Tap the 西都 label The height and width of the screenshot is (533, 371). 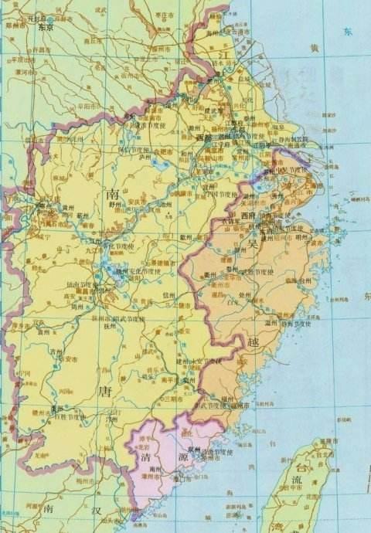pos(203,137)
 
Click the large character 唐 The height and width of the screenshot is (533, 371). pos(106,392)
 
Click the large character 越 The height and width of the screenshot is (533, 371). pos(256,341)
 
